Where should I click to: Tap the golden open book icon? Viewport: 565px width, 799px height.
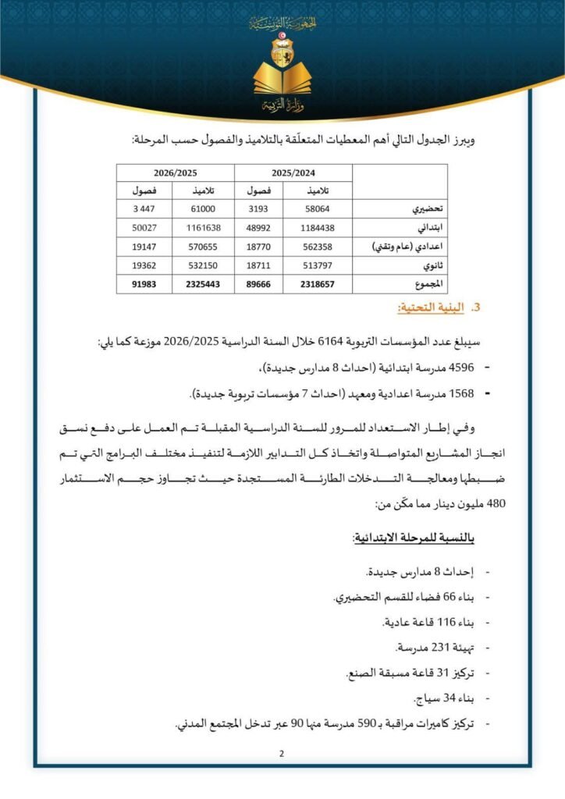pos(282,80)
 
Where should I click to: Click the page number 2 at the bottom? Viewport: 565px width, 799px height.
pos(282,754)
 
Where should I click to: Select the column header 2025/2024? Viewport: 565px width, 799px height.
pos(293,172)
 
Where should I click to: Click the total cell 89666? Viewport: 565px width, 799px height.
pos(259,285)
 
